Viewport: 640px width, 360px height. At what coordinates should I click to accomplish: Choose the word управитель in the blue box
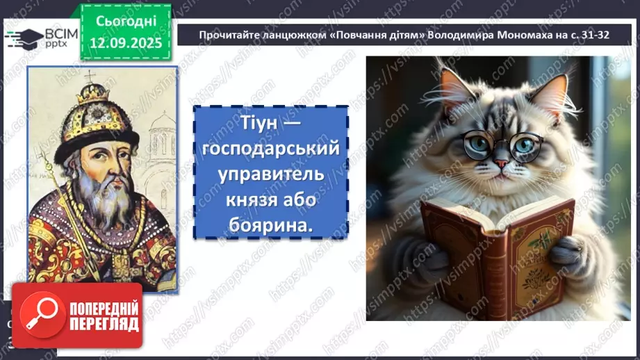[270, 174]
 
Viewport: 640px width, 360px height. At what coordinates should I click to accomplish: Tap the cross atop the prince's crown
[89, 76]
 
